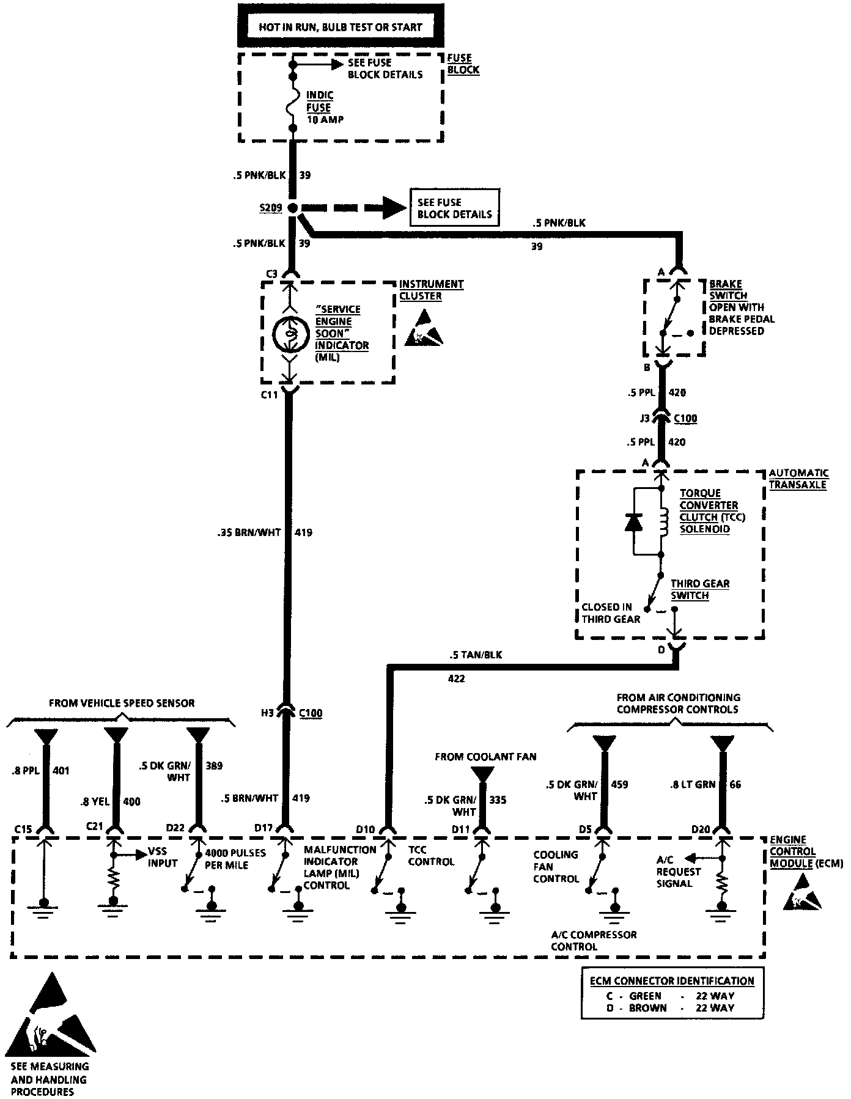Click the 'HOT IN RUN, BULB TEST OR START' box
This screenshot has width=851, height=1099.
(x=341, y=26)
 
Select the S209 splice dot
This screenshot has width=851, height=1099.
(x=293, y=208)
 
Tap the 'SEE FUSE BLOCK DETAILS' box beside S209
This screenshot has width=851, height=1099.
(x=454, y=208)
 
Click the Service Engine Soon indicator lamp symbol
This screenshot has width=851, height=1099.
(x=289, y=333)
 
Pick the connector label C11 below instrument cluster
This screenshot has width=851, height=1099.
(x=270, y=395)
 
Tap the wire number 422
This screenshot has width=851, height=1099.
(x=456, y=678)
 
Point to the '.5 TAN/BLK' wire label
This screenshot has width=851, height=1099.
(x=474, y=655)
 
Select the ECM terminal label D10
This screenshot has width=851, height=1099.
(x=365, y=829)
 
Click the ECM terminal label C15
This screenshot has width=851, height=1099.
(x=23, y=829)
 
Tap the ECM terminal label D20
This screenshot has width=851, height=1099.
(x=701, y=829)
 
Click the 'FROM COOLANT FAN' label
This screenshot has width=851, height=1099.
(x=485, y=757)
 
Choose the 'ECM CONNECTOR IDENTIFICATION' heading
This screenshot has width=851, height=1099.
(x=672, y=981)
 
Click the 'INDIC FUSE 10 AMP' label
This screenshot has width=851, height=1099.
(x=324, y=108)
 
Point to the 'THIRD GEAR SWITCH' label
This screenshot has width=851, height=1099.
(x=699, y=589)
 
